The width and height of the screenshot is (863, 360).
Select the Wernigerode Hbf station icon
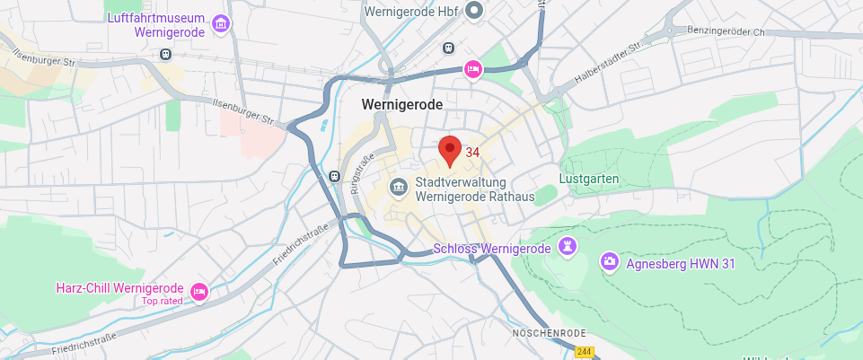click(x=475, y=11)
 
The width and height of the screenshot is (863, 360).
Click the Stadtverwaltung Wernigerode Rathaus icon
click(x=398, y=188)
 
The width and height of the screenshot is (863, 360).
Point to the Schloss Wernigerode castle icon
click(x=568, y=246)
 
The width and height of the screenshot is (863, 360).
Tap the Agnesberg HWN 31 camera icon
click(x=610, y=261)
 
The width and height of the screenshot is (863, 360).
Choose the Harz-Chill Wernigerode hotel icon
click(x=199, y=290)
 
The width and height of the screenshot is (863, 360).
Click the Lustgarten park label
click(x=589, y=179)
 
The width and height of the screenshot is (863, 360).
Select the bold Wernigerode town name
click(x=402, y=104)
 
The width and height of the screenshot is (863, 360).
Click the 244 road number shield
click(x=585, y=353)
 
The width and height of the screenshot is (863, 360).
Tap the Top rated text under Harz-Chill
click(x=162, y=301)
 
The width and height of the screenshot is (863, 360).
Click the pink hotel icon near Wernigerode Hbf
click(x=473, y=69)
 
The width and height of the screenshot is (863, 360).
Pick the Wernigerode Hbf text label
click(x=411, y=11)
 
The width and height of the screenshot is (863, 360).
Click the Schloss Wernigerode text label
click(x=491, y=248)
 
